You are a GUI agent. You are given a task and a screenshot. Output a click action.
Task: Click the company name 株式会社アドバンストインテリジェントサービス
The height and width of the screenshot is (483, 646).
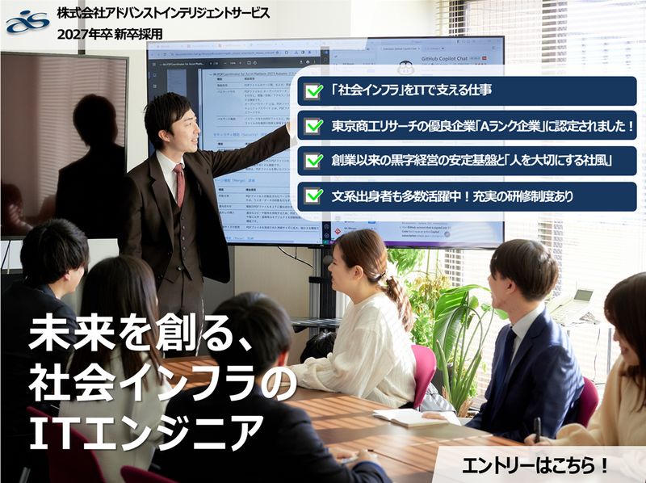click(165, 15)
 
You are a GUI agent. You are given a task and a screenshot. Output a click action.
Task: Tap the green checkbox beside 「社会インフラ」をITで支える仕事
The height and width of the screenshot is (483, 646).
click(314, 92)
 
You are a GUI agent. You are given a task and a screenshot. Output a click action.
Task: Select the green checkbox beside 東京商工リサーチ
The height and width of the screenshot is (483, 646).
click(314, 127)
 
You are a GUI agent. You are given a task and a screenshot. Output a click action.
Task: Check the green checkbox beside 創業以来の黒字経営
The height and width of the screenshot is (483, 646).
click(314, 161)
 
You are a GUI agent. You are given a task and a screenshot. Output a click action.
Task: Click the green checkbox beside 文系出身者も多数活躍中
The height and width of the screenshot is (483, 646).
click(314, 195)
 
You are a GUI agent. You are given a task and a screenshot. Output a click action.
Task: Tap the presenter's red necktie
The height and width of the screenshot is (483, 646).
click(179, 183)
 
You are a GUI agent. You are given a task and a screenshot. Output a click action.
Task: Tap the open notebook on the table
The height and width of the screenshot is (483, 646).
click(404, 417)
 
